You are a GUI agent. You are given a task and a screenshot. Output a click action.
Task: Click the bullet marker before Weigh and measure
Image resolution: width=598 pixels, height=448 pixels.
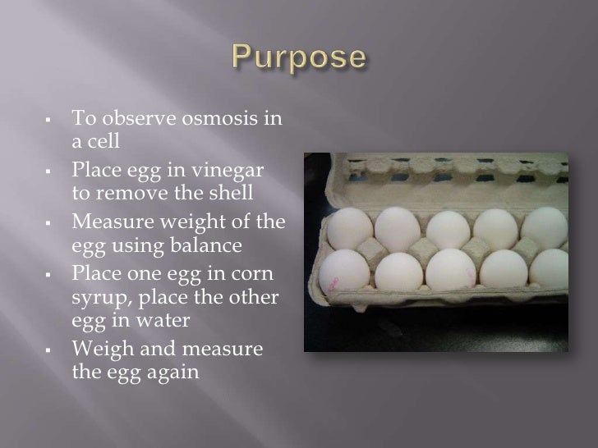50,351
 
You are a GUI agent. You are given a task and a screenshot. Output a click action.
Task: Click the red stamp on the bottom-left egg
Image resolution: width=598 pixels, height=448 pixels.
333,285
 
